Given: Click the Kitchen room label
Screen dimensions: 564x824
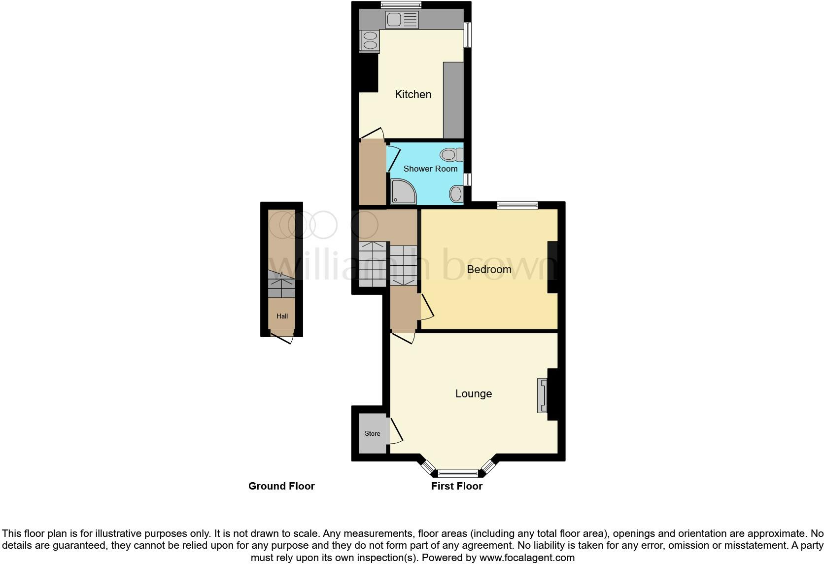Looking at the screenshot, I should tap(413, 94).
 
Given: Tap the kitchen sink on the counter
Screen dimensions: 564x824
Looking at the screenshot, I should tap(402, 20).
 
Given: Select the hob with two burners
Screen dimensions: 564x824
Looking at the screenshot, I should tap(370, 40).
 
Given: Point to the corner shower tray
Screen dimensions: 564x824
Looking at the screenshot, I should tap(403, 192).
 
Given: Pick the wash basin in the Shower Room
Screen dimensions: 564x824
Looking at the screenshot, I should tap(456, 194).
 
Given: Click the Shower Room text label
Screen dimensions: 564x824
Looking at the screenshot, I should tap(430, 169).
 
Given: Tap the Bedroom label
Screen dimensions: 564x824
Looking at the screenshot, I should tap(489, 269).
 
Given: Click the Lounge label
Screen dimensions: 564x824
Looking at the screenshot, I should tap(473, 393).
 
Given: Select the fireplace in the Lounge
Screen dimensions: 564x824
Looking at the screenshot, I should tap(543, 395).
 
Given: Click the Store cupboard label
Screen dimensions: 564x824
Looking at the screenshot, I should tap(372, 433).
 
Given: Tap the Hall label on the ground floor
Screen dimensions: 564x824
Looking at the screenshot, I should tap(282, 316).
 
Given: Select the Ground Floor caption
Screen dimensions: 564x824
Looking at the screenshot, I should tap(281, 486).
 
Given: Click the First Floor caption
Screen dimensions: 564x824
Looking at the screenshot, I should tap(456, 486).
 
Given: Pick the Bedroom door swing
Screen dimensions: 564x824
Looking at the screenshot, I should tap(427, 307).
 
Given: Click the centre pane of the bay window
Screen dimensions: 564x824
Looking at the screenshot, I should tap(458, 474).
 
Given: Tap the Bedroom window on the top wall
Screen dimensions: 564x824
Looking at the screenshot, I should tap(517, 206).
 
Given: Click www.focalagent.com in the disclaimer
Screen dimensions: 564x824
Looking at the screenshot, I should tap(527, 558).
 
